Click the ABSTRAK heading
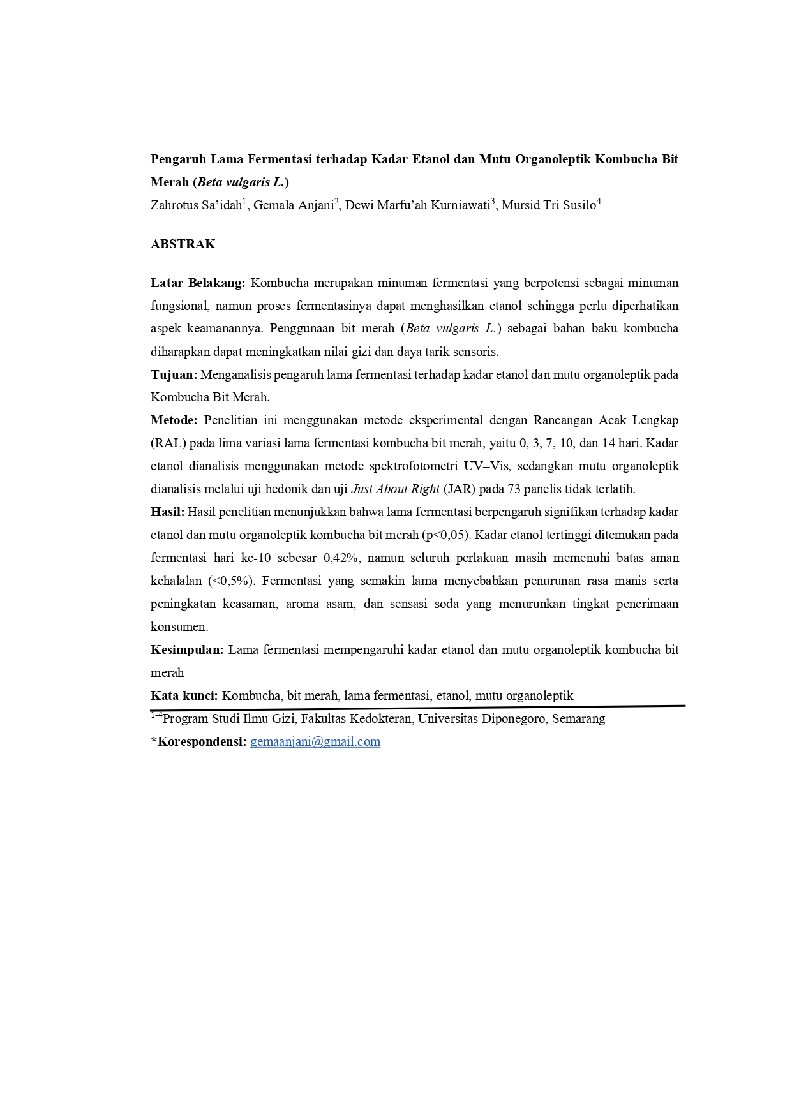[x=183, y=244]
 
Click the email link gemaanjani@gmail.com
[x=315, y=741]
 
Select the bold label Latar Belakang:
[x=198, y=283]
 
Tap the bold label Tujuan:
[x=174, y=374]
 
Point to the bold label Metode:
[x=174, y=420]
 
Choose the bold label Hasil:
[x=167, y=512]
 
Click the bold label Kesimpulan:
[x=187, y=650]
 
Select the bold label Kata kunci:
[x=184, y=696]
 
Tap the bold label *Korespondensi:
[x=198, y=742]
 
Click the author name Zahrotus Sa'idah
[x=197, y=205]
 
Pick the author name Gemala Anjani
[x=294, y=205]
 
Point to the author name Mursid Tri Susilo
[x=548, y=205]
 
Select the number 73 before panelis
[x=514, y=489]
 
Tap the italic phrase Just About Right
[x=395, y=489]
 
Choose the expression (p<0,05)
[x=445, y=535]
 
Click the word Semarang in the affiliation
[x=578, y=719]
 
